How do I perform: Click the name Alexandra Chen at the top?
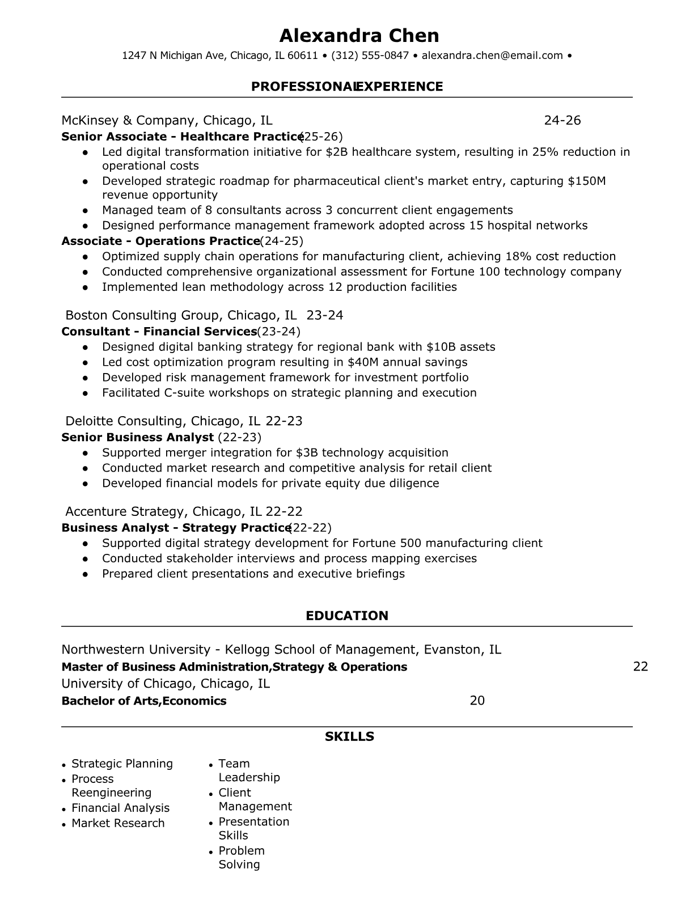point(359,36)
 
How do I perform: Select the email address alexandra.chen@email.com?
point(492,56)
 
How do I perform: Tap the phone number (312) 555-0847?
point(370,56)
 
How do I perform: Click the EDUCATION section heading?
point(347,616)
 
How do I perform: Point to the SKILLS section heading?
point(349,736)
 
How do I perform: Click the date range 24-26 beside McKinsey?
point(562,120)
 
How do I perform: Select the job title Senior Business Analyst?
point(137,437)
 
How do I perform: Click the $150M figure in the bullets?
point(587,181)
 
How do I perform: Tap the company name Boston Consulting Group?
point(142,315)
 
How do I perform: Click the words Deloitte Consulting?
point(125,421)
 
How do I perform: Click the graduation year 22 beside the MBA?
point(640,667)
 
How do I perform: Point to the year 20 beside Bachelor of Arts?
point(477,701)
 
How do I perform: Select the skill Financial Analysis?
point(120,808)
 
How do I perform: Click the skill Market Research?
point(118,823)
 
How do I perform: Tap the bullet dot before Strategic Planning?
point(65,765)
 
